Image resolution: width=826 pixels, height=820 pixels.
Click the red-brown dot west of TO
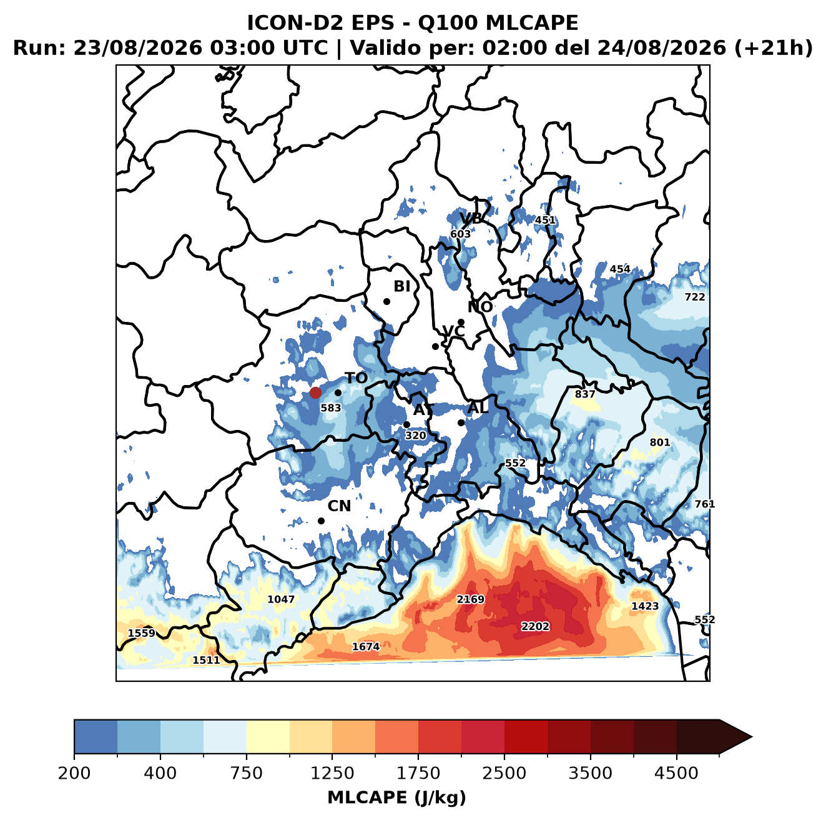[x=315, y=392]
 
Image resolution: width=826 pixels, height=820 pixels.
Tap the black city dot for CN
[x=321, y=521]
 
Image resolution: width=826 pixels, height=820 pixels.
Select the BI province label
[x=401, y=286]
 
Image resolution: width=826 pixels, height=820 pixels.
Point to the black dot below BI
[x=386, y=301]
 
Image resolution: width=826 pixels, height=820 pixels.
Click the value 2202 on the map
[x=535, y=626]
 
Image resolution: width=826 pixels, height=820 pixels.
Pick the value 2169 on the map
[x=470, y=599]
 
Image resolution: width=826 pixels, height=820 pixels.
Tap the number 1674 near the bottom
[x=366, y=646]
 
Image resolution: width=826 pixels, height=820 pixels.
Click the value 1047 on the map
[x=281, y=599]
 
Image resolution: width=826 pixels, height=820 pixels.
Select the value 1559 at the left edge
[x=142, y=633]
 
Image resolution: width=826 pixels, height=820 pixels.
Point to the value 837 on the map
[x=584, y=394]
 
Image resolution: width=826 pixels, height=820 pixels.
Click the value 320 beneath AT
[x=415, y=436]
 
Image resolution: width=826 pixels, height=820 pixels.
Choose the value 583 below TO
[x=330, y=407]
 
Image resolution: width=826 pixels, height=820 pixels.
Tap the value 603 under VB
[x=460, y=234]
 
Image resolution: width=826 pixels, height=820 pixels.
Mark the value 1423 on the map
[x=645, y=606]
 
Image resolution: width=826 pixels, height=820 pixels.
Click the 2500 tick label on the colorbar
[x=504, y=772]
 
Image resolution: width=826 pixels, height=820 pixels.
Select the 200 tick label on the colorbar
[x=74, y=772]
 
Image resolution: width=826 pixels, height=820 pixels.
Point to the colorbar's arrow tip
[x=752, y=737]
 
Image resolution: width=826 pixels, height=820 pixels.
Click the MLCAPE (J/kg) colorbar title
[x=396, y=797]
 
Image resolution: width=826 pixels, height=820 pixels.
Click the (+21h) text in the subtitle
[x=773, y=48]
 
